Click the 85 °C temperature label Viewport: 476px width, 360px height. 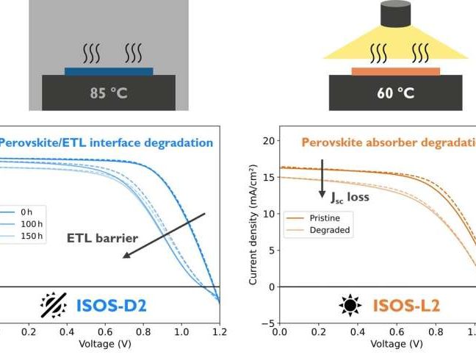(x=108, y=93)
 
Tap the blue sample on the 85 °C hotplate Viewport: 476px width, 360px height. (x=109, y=71)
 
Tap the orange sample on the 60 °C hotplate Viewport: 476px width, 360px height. (x=395, y=71)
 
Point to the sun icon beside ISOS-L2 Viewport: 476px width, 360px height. (x=348, y=303)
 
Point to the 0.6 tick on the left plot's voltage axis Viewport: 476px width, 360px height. (x=104, y=332)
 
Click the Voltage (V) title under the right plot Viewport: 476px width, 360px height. (x=396, y=344)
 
